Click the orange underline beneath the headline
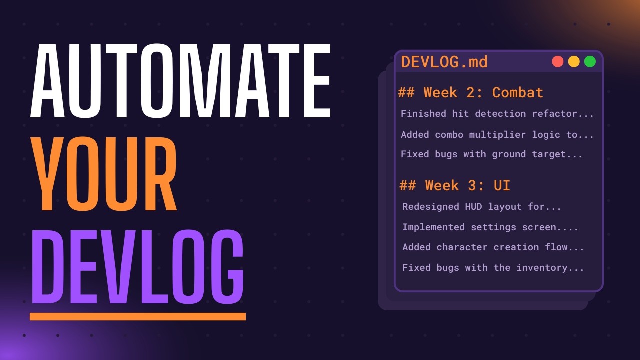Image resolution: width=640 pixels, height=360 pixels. pyautogui.click(x=137, y=316)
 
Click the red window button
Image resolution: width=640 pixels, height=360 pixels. pyautogui.click(x=558, y=62)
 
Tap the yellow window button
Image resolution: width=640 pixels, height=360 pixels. pyautogui.click(x=574, y=62)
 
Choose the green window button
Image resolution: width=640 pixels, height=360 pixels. pyautogui.click(x=590, y=62)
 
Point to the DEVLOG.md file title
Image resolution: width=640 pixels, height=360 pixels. pyautogui.click(x=444, y=62)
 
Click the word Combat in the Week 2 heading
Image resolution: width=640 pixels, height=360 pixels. pyautogui.click(x=517, y=92)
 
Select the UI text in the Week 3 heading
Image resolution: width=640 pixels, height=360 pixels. pyautogui.click(x=502, y=185)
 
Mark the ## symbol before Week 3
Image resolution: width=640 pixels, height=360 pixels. pyautogui.click(x=408, y=185)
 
